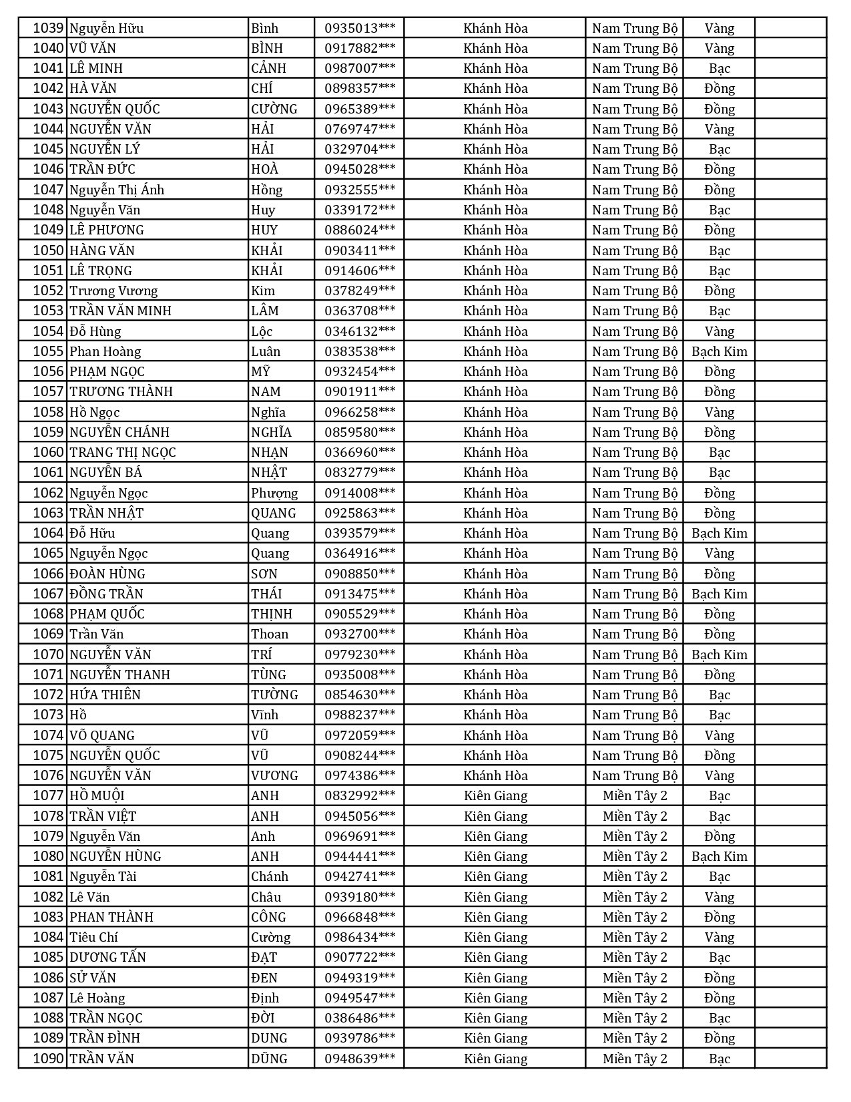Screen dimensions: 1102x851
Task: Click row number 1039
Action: tap(49, 28)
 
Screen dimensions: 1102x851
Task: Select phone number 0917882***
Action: tap(359, 48)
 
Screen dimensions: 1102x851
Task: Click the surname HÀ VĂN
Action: tap(93, 88)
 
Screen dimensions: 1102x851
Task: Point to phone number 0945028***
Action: tap(359, 169)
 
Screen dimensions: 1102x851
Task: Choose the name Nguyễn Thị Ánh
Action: tap(117, 190)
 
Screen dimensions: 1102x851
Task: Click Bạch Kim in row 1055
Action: tap(719, 351)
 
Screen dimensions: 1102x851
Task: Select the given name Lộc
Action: tap(262, 331)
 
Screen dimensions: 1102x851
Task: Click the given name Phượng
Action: tap(274, 493)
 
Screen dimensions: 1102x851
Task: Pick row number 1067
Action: tap(49, 594)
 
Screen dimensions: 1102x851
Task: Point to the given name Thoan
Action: tap(270, 634)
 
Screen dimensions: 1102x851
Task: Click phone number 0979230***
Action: tap(359, 655)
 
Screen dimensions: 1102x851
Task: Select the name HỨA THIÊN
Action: tap(105, 695)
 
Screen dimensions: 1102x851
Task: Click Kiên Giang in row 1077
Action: tap(495, 795)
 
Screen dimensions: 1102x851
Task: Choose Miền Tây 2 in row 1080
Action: tap(635, 856)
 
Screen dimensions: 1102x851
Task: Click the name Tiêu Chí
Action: tap(93, 937)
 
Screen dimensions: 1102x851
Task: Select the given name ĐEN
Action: tap(264, 978)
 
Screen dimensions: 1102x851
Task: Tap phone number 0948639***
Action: tap(359, 1059)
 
